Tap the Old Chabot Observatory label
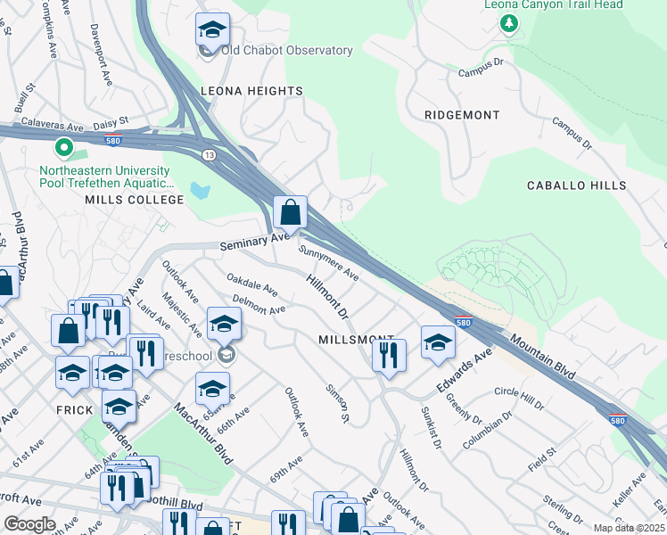pyautogui.click(x=286, y=51)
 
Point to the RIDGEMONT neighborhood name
pyautogui.click(x=462, y=115)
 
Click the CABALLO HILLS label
pyautogui.click(x=579, y=185)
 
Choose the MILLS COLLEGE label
pyautogui.click(x=134, y=200)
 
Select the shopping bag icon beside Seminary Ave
pyautogui.click(x=291, y=213)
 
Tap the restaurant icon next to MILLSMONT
pyautogui.click(x=389, y=356)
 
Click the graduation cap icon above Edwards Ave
pyautogui.click(x=438, y=342)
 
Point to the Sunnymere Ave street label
pyautogui.click(x=328, y=263)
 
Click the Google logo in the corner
pyautogui.click(x=29, y=524)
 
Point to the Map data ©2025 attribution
pyautogui.click(x=629, y=528)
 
